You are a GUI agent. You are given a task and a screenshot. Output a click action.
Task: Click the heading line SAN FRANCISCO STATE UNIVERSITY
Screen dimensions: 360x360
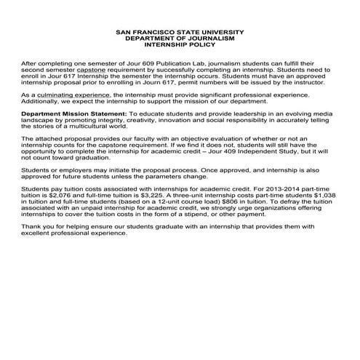click(180, 33)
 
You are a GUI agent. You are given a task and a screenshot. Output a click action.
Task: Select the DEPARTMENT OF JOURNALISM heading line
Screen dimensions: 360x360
click(180, 39)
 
